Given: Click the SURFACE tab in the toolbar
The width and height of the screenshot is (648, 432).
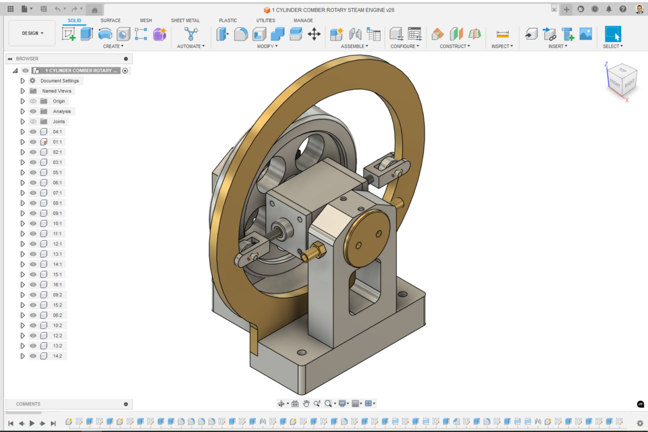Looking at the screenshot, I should tap(111, 20).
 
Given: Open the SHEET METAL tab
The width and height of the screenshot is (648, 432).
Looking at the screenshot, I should tap(185, 20).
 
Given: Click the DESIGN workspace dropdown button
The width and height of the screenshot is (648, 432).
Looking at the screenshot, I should tap(32, 33).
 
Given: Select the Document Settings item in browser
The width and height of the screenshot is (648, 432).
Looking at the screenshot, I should tap(61, 81).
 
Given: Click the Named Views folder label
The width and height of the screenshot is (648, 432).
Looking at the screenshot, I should tap(57, 91).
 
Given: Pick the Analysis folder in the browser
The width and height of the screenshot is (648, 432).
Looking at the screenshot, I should tap(61, 111).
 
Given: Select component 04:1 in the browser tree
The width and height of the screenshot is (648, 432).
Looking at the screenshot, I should tap(57, 132).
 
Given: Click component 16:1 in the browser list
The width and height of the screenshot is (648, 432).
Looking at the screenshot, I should tap(57, 285).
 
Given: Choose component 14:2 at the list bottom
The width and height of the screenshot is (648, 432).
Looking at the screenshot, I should tap(57, 356).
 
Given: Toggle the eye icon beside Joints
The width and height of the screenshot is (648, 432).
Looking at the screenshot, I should tap(33, 122).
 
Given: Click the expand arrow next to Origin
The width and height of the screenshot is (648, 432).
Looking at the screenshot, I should tap(22, 101).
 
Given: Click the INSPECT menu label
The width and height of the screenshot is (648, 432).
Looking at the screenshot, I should tap(502, 47).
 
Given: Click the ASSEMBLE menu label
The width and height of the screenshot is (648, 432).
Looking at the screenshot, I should tap(354, 47).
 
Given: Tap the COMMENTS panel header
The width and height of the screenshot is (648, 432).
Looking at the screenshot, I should tap(28, 404).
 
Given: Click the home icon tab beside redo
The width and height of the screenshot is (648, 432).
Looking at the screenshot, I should tap(94, 9).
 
